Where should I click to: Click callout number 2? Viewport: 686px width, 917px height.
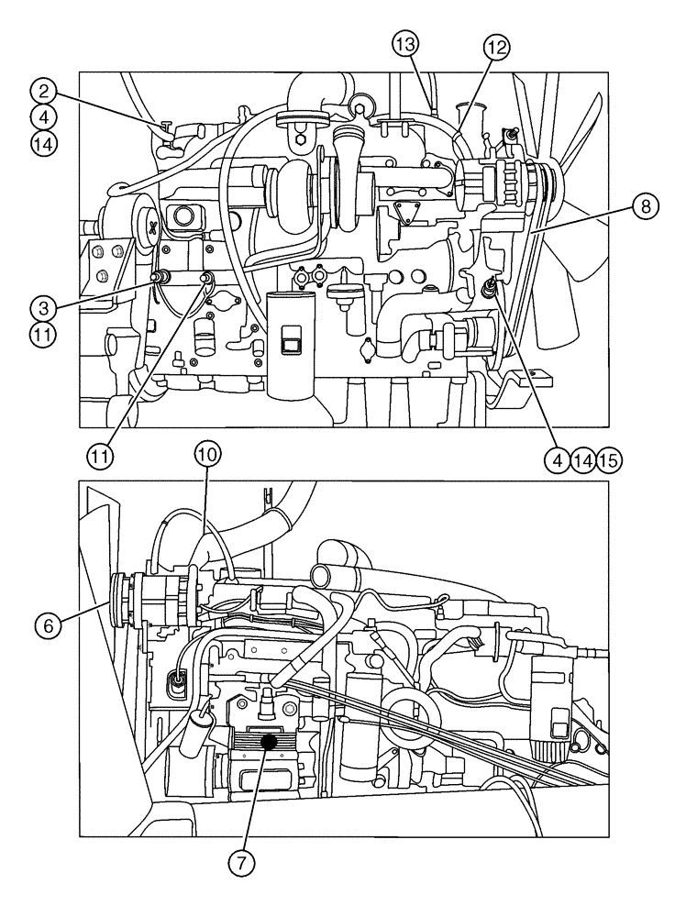coord(42,91)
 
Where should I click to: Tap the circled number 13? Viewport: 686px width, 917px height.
coord(406,43)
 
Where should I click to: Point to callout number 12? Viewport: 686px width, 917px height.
coord(496,47)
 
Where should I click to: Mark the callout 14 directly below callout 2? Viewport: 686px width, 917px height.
coord(42,144)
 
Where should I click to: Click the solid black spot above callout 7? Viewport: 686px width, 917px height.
coord(270,741)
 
